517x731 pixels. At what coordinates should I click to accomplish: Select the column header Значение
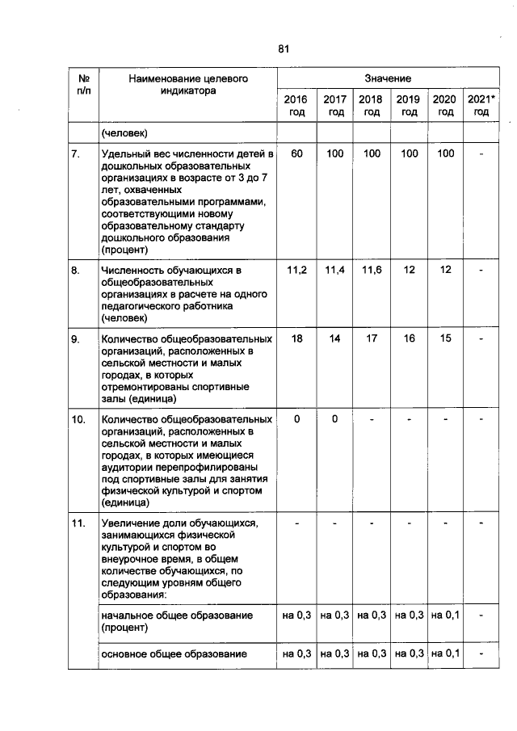click(387, 78)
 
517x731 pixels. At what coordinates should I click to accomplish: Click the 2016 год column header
click(296, 106)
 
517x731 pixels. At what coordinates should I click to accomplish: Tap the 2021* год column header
click(481, 106)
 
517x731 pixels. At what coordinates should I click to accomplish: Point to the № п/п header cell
click(82, 86)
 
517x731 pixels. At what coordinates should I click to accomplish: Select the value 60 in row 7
click(296, 153)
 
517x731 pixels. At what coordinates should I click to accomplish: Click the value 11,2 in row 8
click(296, 270)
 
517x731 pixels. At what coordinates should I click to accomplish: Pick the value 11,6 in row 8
click(371, 270)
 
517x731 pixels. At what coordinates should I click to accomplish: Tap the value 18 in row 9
click(296, 339)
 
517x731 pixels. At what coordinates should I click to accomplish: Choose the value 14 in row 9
click(334, 339)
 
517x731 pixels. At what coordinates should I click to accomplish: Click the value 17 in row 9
click(371, 339)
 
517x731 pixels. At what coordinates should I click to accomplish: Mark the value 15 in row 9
click(445, 339)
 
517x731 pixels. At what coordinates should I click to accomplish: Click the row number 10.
click(79, 420)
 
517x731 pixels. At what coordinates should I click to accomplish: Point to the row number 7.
click(75, 153)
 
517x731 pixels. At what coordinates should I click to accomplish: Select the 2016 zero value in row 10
click(296, 419)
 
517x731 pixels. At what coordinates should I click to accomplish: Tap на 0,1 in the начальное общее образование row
click(445, 615)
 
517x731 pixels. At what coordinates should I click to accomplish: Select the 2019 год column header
click(409, 106)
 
